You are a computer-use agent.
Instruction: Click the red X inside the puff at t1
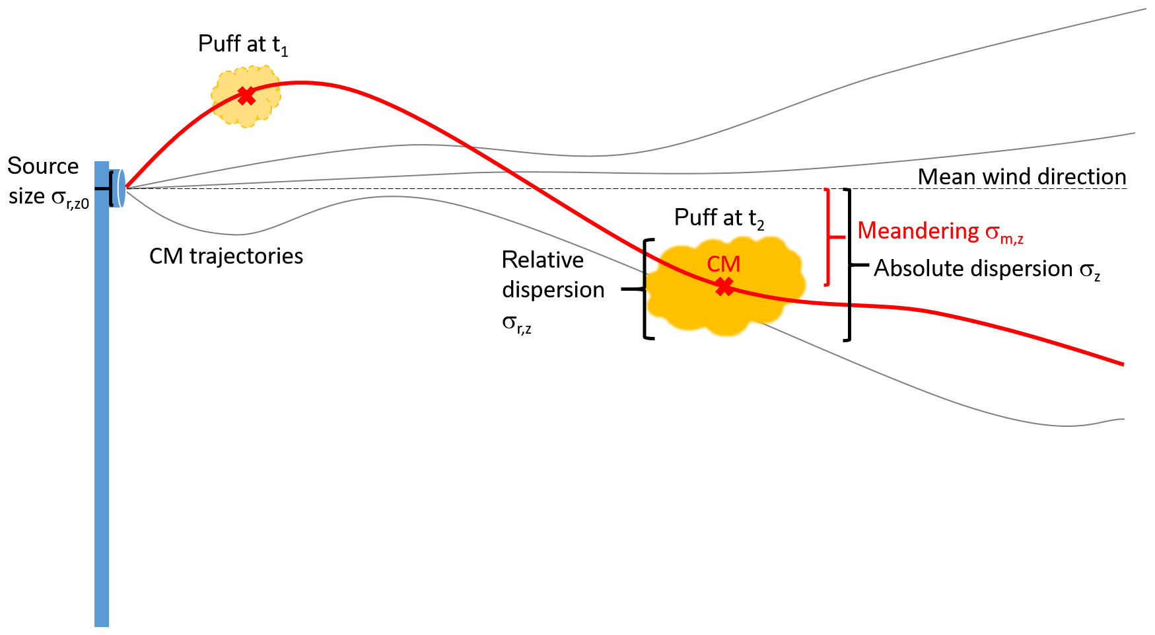[x=246, y=96]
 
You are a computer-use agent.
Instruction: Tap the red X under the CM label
[x=724, y=287]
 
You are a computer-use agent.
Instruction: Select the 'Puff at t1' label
[x=243, y=45]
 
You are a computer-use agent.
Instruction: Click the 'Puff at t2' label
[x=719, y=218]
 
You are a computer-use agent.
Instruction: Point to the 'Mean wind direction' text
[x=1022, y=176]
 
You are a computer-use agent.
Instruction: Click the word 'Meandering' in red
[x=918, y=231]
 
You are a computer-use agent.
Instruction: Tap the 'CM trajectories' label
[x=226, y=256]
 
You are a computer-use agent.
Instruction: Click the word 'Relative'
[x=542, y=260]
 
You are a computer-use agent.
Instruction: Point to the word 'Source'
[x=43, y=166]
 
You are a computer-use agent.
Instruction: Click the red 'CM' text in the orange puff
[x=723, y=264]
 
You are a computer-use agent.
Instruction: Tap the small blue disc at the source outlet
[x=121, y=188]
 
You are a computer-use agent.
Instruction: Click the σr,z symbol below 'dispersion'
[x=516, y=324]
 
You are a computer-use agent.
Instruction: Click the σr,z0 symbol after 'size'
[x=69, y=198]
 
